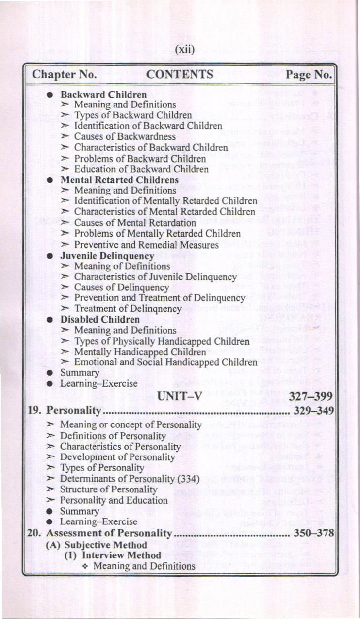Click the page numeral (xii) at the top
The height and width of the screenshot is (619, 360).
[185, 50]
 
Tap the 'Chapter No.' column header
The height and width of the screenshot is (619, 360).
[64, 75]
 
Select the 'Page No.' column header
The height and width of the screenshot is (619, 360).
[309, 75]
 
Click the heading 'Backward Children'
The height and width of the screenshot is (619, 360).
[103, 94]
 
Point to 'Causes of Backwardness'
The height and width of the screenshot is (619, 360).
[125, 136]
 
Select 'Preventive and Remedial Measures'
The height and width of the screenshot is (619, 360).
[146, 245]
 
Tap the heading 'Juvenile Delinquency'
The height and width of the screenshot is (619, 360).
[107, 256]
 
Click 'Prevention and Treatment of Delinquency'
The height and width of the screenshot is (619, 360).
[160, 298]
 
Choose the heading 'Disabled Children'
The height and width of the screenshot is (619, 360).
[100, 320]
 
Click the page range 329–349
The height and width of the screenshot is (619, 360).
[314, 411]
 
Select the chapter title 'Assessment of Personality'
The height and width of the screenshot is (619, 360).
[108, 533]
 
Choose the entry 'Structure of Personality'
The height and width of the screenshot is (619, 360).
[108, 489]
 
